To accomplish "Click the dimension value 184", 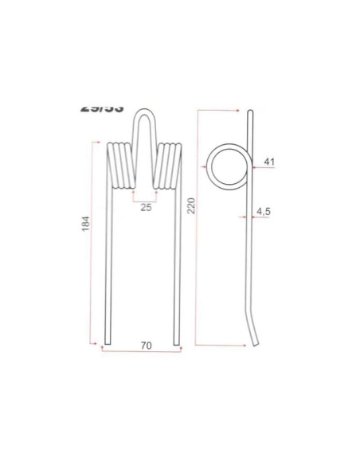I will pyautogui.click(x=87, y=225).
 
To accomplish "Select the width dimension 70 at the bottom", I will pyautogui.click(x=145, y=346).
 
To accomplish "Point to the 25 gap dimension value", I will pyautogui.click(x=145, y=208).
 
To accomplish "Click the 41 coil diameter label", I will pyautogui.click(x=268, y=162).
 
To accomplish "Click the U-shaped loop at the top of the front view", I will pyautogui.click(x=145, y=119).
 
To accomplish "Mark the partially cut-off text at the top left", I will pyautogui.click(x=102, y=107).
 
